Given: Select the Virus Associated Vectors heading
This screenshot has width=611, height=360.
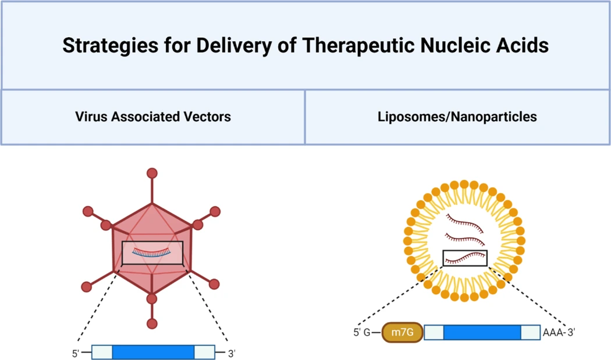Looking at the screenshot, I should pos(153,116).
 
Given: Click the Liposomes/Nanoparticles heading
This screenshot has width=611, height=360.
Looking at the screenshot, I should pos(457,116).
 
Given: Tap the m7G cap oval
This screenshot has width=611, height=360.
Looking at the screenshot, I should pos(402,333).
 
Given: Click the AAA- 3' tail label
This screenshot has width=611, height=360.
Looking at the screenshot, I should pos(559,333).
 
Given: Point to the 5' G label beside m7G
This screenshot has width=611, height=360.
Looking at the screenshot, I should pos(361,333).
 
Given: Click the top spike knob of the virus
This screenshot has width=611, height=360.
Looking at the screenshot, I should pos(152,173).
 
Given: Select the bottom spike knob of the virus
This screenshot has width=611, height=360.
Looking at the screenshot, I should pos(152,324).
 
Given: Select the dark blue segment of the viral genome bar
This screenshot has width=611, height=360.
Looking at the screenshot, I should pos(153,352).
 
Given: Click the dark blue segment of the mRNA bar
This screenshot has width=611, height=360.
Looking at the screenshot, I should pos(482,333).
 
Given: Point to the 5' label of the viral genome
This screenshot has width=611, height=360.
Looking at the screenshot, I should pos(75,353).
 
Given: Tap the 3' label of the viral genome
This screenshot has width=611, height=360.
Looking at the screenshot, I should pos(231,353).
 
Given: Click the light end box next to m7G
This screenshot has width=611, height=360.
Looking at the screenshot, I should pos(434,333).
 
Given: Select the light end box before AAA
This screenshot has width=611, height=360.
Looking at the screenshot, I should pos(530,333).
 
